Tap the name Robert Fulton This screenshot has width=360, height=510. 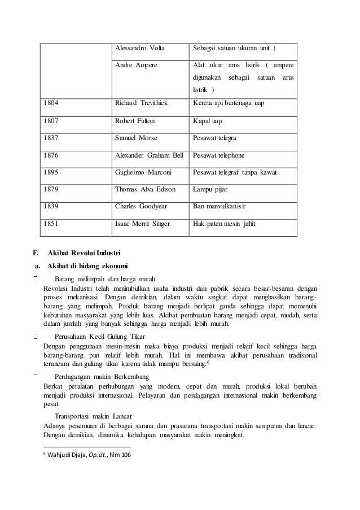point(135,121)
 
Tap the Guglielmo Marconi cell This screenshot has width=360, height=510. point(142,172)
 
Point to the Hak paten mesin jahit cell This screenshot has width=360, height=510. point(224,224)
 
